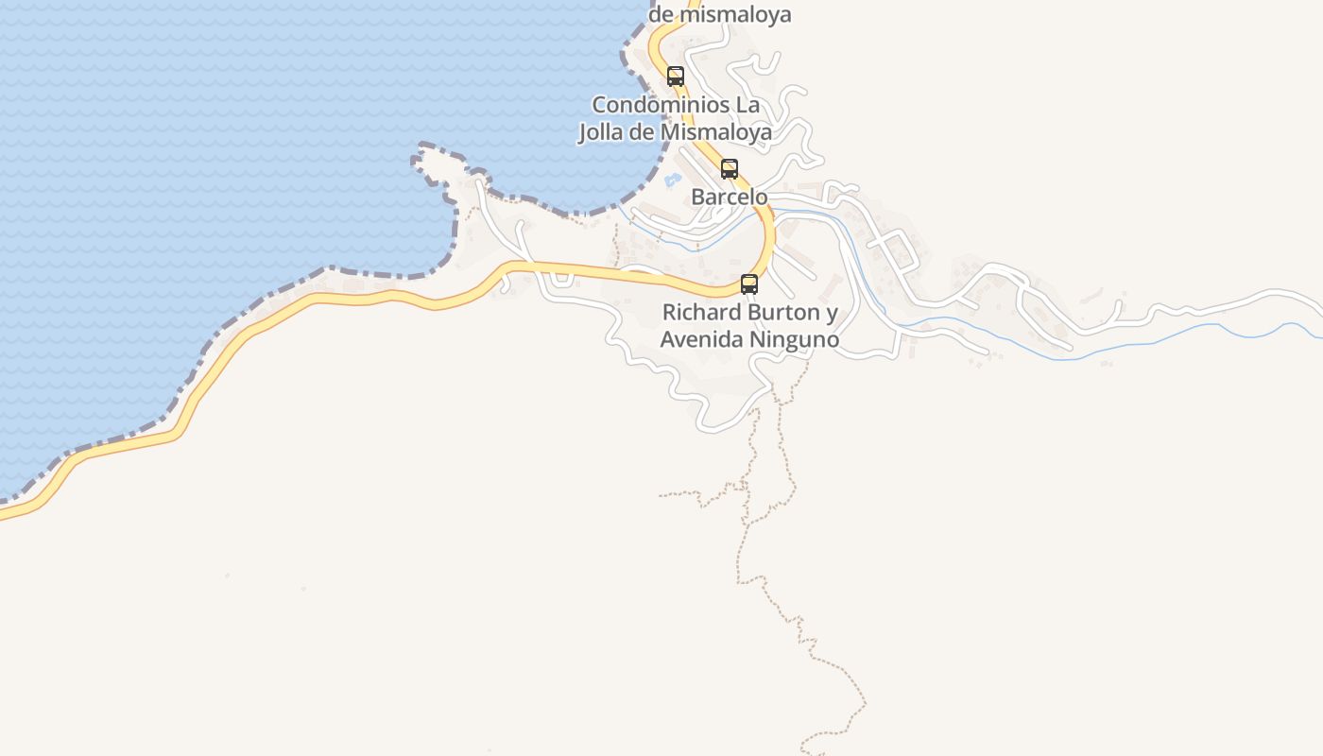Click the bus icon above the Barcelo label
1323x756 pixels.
tap(730, 169)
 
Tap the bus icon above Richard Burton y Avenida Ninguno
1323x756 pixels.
tap(749, 283)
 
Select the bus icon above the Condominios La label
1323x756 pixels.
tap(676, 77)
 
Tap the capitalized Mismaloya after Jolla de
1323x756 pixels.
tap(715, 132)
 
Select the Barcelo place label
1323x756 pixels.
tap(730, 198)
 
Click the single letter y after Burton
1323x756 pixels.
tap(832, 313)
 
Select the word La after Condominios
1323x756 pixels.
tap(747, 105)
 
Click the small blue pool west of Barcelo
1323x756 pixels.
tap(673, 179)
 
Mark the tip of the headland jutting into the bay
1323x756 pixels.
tap(419, 150)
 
